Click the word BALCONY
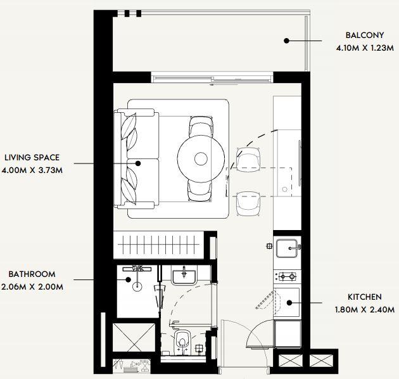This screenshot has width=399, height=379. [365, 35]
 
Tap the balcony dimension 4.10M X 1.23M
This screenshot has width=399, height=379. [365, 48]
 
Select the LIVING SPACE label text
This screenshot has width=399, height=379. [32, 157]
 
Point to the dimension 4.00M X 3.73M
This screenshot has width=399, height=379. [32, 170]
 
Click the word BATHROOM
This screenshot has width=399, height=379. [32, 274]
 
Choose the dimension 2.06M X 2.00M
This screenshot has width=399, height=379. [32, 287]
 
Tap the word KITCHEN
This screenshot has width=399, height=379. [365, 297]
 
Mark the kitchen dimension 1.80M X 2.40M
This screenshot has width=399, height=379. [365, 309]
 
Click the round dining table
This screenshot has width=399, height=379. [201, 158]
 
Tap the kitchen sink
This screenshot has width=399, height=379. [287, 248]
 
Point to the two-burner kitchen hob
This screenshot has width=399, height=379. [288, 276]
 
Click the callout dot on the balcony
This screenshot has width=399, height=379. [286, 41]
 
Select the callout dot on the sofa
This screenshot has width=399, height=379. [138, 164]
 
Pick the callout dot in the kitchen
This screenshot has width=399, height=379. [289, 303]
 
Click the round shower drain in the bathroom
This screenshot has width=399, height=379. [137, 286]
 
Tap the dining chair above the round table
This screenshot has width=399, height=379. [201, 127]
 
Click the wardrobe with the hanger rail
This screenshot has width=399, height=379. [158, 245]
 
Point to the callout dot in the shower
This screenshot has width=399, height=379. [129, 279]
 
